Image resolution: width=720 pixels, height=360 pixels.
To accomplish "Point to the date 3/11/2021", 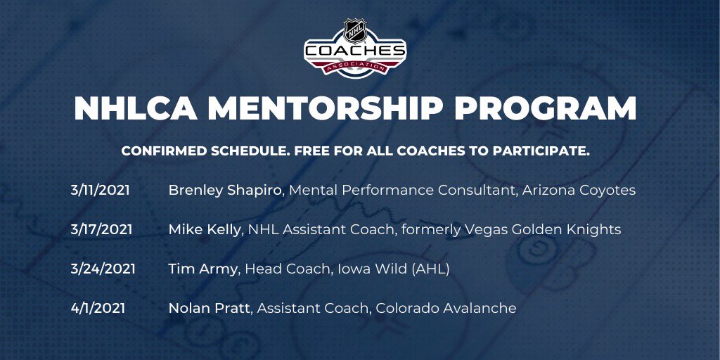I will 100,191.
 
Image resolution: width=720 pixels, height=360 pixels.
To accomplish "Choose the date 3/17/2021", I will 101,229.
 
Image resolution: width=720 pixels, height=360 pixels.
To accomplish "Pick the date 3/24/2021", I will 103,269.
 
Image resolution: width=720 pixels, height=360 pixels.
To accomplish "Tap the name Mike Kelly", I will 204,229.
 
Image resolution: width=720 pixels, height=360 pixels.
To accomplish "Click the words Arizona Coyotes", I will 579,191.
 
